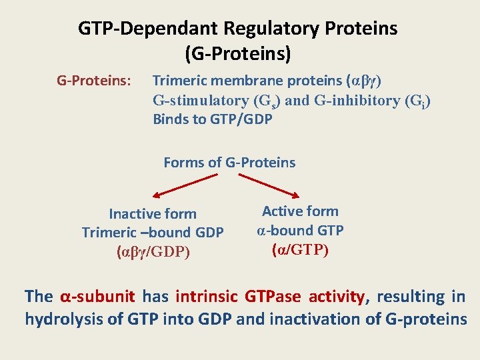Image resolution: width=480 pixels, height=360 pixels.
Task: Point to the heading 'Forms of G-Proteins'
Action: point(229,163)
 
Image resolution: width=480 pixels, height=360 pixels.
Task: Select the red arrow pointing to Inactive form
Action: point(185,185)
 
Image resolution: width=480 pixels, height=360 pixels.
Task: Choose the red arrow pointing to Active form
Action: point(270,185)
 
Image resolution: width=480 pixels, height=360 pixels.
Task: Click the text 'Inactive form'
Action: point(153,214)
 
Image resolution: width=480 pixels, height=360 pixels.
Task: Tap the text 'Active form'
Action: point(300,211)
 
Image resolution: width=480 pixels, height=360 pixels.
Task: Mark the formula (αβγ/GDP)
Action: point(153,252)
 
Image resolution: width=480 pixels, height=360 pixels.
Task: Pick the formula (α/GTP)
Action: point(300,250)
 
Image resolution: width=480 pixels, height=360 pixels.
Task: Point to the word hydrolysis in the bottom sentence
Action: point(63,319)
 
